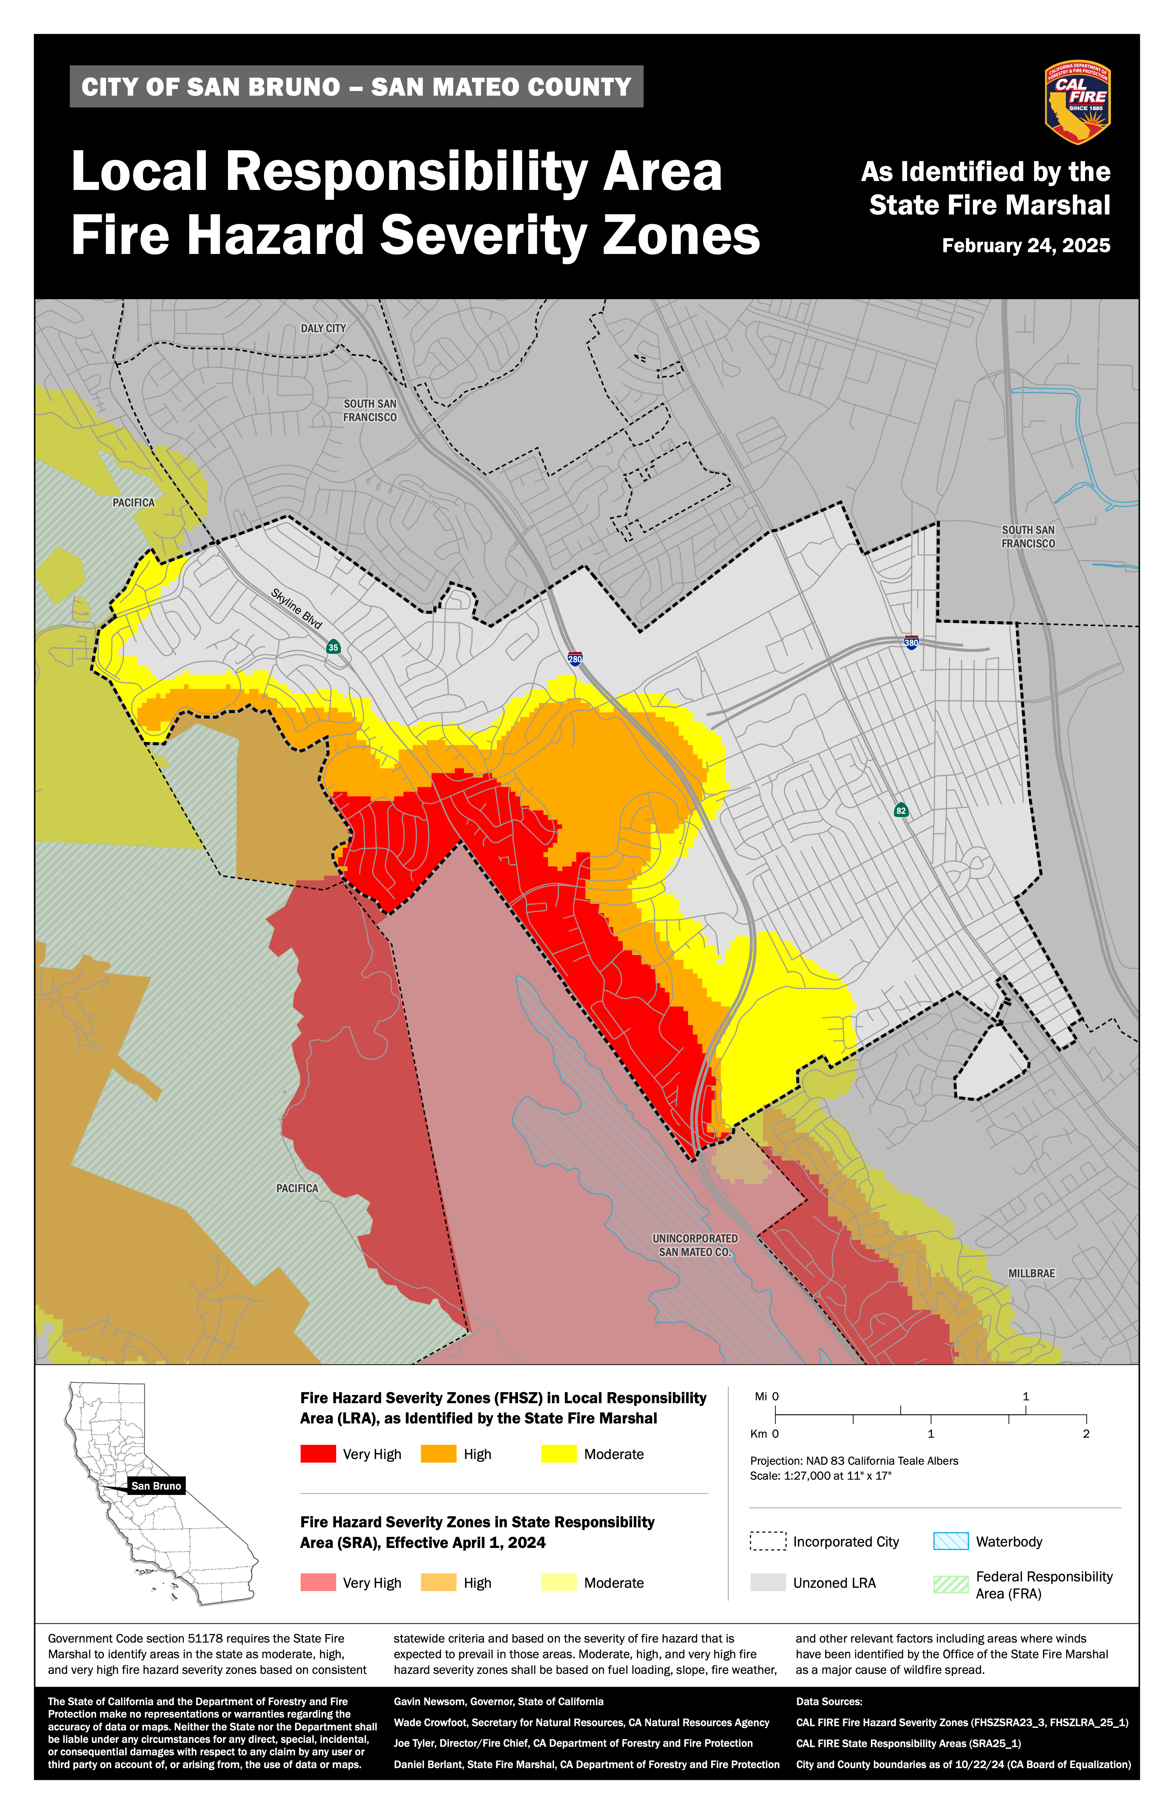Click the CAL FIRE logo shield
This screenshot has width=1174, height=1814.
[1077, 102]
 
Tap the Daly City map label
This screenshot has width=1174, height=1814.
[323, 329]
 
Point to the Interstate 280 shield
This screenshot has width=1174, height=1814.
[575, 658]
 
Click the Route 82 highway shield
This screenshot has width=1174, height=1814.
[901, 810]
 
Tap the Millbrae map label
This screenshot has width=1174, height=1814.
[1031, 1274]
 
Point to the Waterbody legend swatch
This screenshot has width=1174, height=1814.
[951, 1541]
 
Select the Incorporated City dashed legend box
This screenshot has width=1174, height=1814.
[768, 1541]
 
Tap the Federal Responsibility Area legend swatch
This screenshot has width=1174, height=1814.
[951, 1584]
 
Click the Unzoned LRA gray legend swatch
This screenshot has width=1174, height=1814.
[768, 1582]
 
